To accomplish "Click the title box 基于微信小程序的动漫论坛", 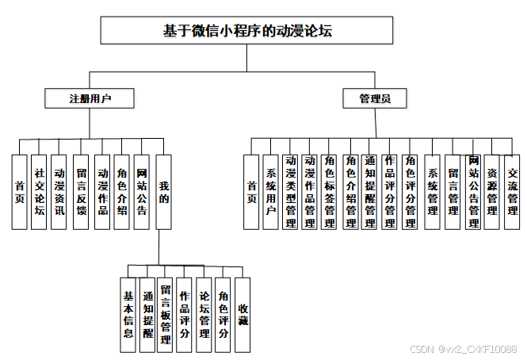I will point(246,32).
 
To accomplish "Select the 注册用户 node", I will point(90,99).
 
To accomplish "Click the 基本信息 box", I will point(128,314).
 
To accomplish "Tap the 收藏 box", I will point(243,314).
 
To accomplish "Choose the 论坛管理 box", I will point(204,314).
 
